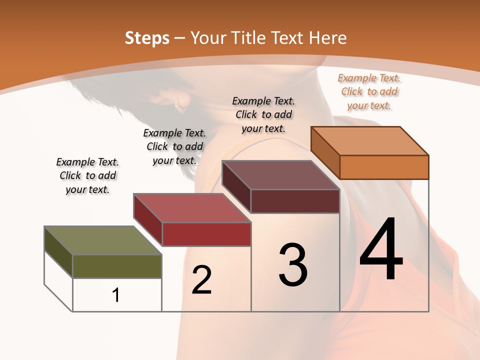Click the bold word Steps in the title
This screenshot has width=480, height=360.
pyautogui.click(x=147, y=38)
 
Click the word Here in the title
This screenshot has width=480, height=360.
pyautogui.click(x=328, y=38)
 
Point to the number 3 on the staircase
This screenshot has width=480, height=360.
pyautogui.click(x=293, y=265)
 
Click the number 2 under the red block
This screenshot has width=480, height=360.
pyautogui.click(x=201, y=280)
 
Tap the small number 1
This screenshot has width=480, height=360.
pyautogui.click(x=116, y=295)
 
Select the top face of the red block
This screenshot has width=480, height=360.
pyautogui.click(x=191, y=207)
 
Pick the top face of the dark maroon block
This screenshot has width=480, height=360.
pyautogui.click(x=280, y=175)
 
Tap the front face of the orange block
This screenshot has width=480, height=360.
pyautogui.click(x=384, y=167)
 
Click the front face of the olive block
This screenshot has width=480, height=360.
pyautogui.click(x=117, y=266)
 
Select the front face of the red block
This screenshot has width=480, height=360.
pyautogui.click(x=206, y=234)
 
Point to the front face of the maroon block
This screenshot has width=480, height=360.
pyautogui.click(x=295, y=201)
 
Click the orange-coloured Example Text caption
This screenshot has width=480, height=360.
pyautogui.click(x=369, y=92)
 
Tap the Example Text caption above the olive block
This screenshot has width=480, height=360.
pyautogui.click(x=87, y=176)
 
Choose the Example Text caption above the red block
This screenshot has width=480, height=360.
pyautogui.click(x=174, y=146)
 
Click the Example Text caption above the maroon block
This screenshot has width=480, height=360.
pyautogui.click(x=263, y=114)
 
